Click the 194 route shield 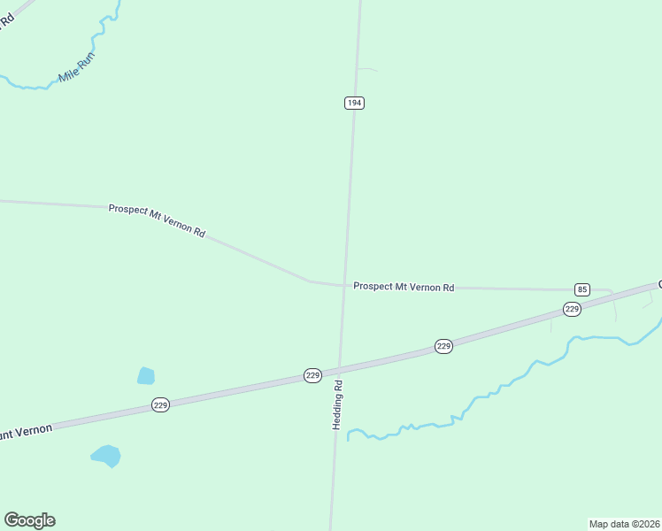click(354, 104)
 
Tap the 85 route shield click(581, 289)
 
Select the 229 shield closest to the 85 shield click(572, 309)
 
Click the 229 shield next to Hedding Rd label click(312, 375)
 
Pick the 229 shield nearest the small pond click(160, 404)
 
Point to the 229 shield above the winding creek click(444, 346)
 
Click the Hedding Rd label click(337, 406)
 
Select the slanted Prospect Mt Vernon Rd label click(157, 220)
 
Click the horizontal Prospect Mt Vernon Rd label click(404, 287)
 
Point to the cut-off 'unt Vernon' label click(26, 433)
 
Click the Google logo click(29, 520)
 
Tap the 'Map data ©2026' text click(624, 524)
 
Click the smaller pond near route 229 click(146, 376)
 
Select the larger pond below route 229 click(106, 456)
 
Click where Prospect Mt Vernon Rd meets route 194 click(344, 285)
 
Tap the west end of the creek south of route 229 click(350, 435)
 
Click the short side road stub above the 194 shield click(367, 70)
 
